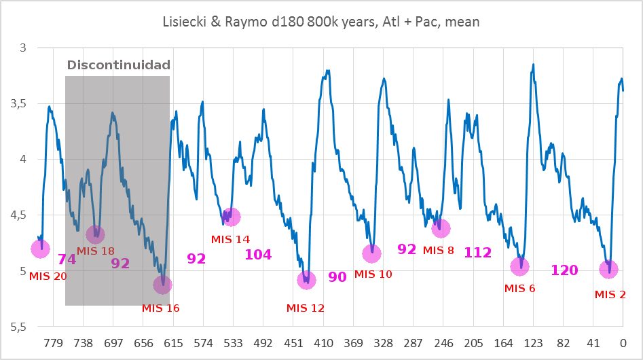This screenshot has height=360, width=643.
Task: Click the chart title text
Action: click(x=321, y=22)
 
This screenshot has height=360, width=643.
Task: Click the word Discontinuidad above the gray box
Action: click(x=117, y=66)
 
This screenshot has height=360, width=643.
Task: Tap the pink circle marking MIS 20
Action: click(x=41, y=249)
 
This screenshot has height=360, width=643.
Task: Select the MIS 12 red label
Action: click(x=306, y=308)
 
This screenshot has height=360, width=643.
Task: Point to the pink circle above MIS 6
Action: click(x=519, y=266)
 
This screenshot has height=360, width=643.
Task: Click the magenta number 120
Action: click(x=564, y=270)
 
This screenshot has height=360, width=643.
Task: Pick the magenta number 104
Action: click(x=258, y=255)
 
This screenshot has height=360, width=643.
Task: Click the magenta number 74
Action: click(x=67, y=259)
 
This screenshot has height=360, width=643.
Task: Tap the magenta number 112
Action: click(x=477, y=253)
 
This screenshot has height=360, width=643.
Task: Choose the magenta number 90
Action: click(x=337, y=276)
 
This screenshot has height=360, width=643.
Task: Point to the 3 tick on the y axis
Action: click(x=23, y=48)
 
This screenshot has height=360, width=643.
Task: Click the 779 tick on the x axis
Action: click(x=52, y=342)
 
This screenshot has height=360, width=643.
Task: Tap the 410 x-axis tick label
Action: click(x=323, y=342)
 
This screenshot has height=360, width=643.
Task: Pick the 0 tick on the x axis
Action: click(x=622, y=342)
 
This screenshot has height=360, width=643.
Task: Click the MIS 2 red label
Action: click(x=610, y=294)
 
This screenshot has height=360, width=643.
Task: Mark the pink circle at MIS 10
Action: click(x=371, y=253)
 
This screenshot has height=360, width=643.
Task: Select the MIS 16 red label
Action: click(x=161, y=308)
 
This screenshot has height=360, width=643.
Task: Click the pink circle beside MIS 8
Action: click(x=441, y=228)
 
